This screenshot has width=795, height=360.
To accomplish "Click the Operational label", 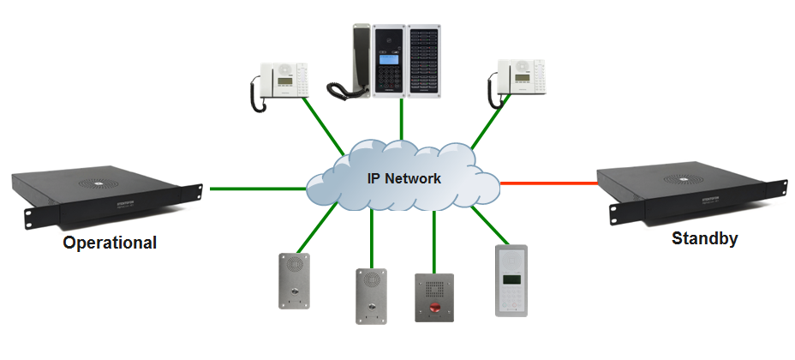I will pyautogui.click(x=110, y=243).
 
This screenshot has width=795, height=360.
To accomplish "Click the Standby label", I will pyautogui.click(x=705, y=239).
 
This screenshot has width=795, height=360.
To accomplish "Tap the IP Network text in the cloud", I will pyautogui.click(x=401, y=178).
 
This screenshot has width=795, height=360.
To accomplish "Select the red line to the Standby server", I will pyautogui.click(x=548, y=183).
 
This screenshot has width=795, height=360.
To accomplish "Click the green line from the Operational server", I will pyautogui.click(x=257, y=188).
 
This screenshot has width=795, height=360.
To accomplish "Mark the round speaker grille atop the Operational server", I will pyautogui.click(x=97, y=183).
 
